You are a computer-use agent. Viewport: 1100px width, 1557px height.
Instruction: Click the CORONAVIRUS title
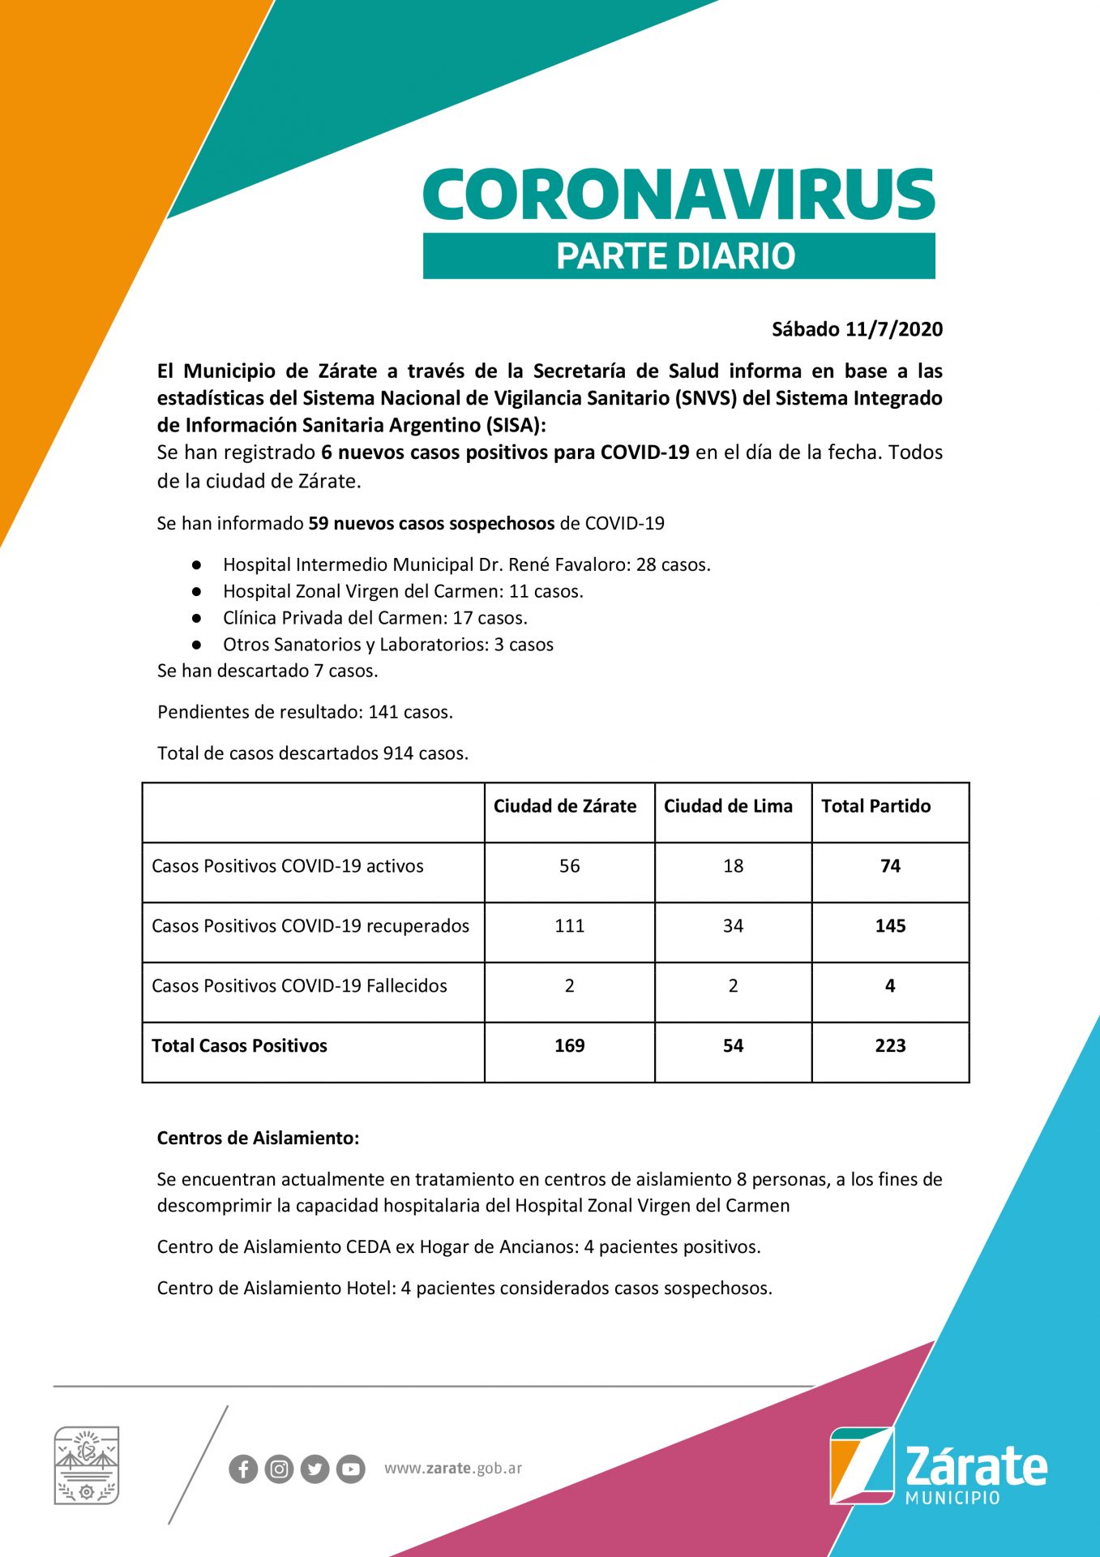[x=678, y=195]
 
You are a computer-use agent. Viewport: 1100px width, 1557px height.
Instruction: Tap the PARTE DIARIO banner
[x=678, y=256]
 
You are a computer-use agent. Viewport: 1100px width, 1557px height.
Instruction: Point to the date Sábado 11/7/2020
[x=857, y=329]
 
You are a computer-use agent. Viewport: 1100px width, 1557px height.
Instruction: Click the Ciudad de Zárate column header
[x=565, y=806]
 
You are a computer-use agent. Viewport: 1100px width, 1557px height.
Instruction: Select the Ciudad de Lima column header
[x=728, y=806]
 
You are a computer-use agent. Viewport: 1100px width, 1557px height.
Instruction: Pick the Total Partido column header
[x=875, y=806]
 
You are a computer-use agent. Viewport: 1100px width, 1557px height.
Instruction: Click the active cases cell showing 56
[x=570, y=866]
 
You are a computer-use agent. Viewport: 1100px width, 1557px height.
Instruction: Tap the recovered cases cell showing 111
[x=570, y=926]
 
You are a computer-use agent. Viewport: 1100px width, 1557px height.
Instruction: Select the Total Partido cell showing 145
[x=890, y=926]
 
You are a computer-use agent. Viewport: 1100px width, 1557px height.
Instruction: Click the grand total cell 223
[x=890, y=1046]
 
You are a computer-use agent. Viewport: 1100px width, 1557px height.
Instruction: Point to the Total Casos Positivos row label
[x=240, y=1046]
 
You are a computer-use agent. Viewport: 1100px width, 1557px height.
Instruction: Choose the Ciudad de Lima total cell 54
[x=733, y=1046]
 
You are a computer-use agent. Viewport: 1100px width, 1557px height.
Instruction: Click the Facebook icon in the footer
[x=243, y=1469]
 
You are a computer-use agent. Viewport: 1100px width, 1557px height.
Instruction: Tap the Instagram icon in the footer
[x=279, y=1469]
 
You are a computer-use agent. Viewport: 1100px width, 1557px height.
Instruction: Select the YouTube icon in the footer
[x=350, y=1469]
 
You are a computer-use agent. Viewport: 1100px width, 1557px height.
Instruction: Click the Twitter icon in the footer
[x=315, y=1469]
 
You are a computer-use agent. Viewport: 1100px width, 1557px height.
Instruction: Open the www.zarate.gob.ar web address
[x=453, y=1469]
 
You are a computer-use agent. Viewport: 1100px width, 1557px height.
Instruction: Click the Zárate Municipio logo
[x=938, y=1466]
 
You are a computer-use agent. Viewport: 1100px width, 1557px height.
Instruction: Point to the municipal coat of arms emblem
[x=87, y=1465]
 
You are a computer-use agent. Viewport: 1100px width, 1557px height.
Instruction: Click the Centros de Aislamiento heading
[x=258, y=1138]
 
